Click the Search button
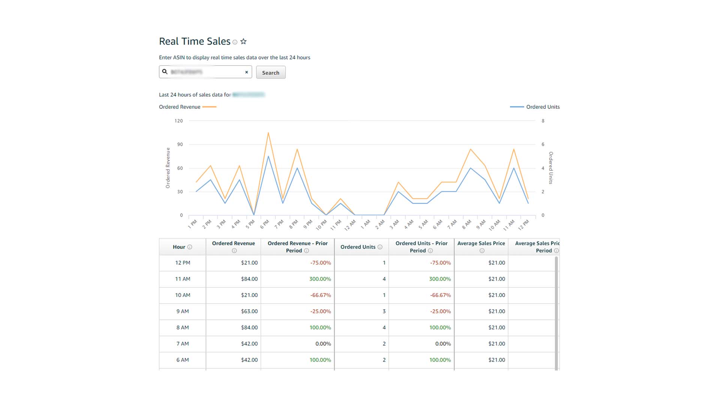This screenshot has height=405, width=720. [x=270, y=72]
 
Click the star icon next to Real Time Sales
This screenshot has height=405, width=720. [x=243, y=42]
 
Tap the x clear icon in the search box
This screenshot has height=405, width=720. [x=246, y=72]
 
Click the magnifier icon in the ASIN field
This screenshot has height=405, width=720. [x=165, y=72]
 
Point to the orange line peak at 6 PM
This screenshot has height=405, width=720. [x=268, y=133]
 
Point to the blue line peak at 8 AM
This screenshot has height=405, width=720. [x=470, y=168]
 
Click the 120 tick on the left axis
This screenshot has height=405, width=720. [x=178, y=121]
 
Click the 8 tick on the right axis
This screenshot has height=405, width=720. [x=543, y=121]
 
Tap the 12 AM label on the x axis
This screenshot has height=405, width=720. [x=350, y=225]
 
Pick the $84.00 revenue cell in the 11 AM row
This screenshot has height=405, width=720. [x=249, y=279]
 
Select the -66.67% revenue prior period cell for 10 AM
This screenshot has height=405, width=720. [x=320, y=295]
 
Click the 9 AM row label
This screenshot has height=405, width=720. [x=183, y=311]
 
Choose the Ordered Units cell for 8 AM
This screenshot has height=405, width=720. [x=384, y=327]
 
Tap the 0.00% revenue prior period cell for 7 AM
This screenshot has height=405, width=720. [x=323, y=343]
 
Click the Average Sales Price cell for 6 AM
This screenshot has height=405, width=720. [x=496, y=360]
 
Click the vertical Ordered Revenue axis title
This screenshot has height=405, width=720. [x=168, y=168]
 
